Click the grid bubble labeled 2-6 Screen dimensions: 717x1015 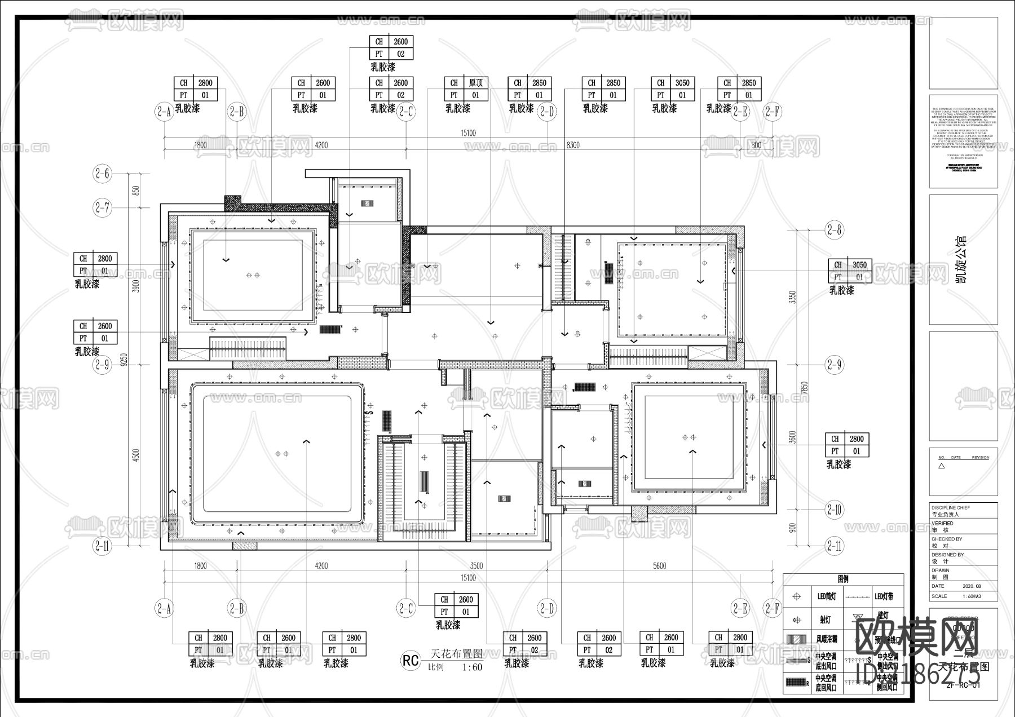tap(102, 174)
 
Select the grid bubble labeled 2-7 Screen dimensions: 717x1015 tap(102, 207)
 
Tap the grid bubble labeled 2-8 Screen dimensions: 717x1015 tap(834, 229)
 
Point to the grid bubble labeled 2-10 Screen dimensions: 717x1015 tap(834, 510)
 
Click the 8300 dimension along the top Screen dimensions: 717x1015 tap(572, 145)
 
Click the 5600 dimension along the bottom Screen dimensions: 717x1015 tap(659, 565)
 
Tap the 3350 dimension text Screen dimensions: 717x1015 tap(792, 297)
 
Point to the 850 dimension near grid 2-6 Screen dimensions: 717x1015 tap(135, 191)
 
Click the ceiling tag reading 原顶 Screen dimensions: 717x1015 tap(476, 83)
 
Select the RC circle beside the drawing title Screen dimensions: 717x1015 tap(411, 660)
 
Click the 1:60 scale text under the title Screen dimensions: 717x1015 tap(472, 667)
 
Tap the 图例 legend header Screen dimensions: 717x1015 tap(843, 579)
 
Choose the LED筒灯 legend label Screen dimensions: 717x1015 tap(827, 596)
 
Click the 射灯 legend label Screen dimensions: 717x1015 tap(824, 620)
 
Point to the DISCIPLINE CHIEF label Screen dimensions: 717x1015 tap(951, 508)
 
